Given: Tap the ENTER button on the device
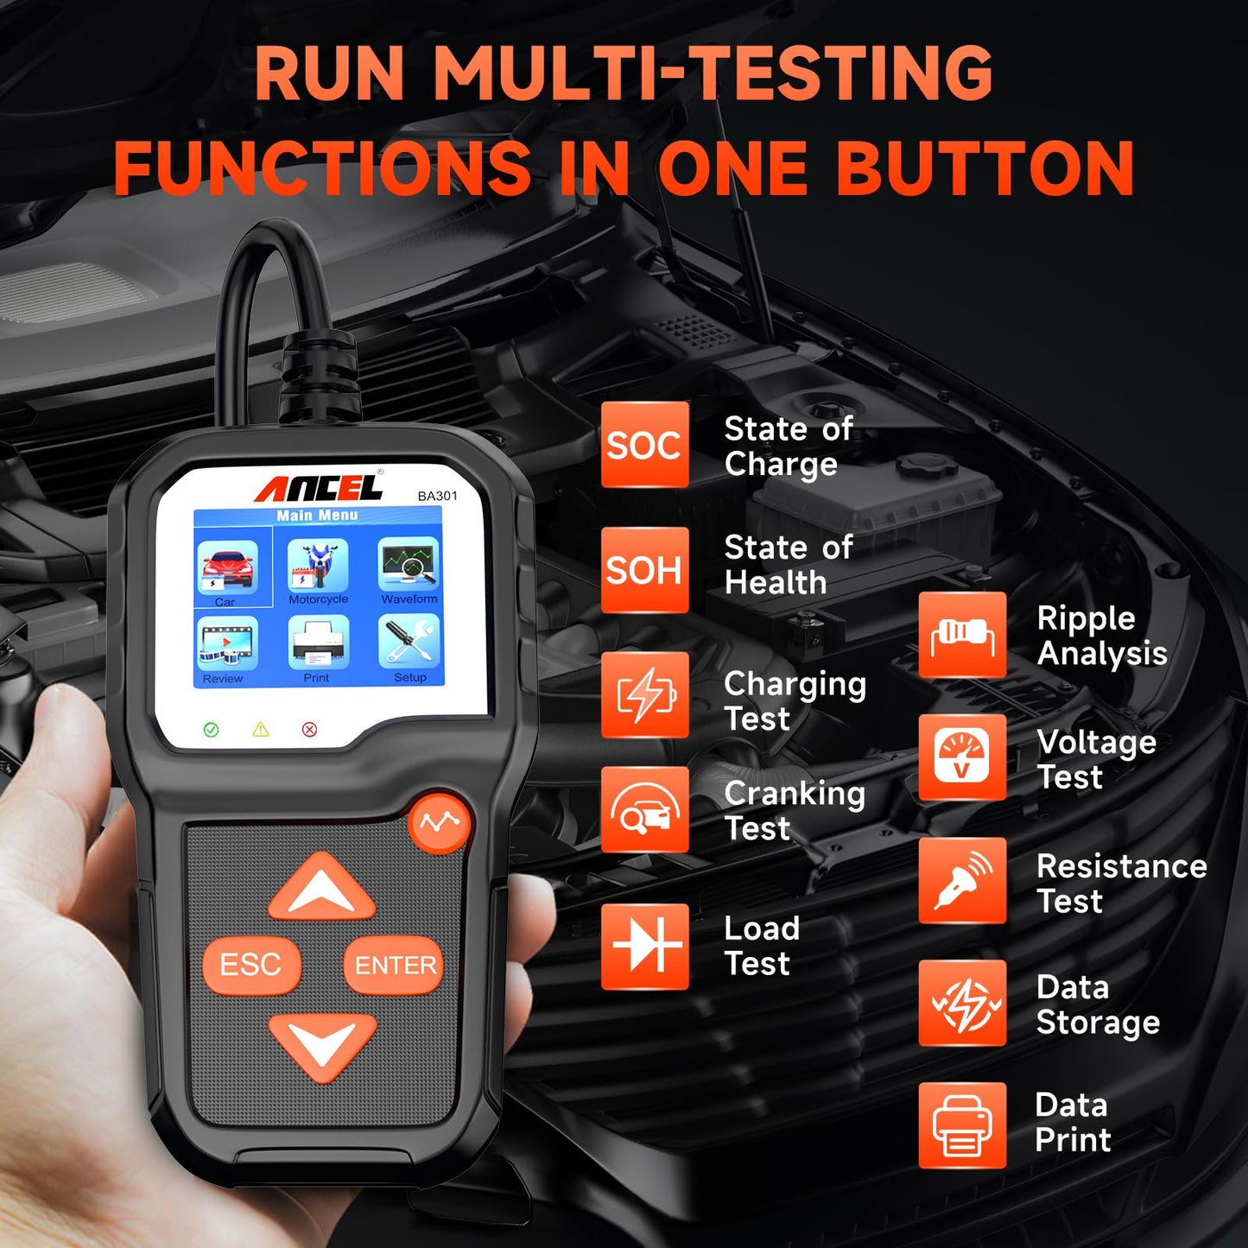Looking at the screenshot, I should (x=394, y=965).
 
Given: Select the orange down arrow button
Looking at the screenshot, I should (x=322, y=1046).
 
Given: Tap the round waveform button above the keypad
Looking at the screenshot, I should (x=440, y=823).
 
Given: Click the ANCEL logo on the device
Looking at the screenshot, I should (x=318, y=488).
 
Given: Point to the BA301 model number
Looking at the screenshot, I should (x=437, y=496).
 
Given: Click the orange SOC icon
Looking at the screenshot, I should (x=644, y=445).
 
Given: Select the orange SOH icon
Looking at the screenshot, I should (x=644, y=570).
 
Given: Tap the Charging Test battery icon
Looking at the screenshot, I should (x=644, y=695).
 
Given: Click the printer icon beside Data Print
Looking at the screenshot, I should (x=962, y=1125).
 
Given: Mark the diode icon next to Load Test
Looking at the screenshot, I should (x=644, y=946).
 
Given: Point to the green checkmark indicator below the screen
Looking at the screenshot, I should (x=211, y=730).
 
